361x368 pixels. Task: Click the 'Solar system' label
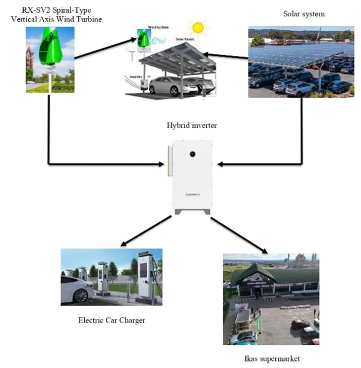(304, 14)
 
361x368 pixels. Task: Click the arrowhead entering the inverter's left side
(161, 163)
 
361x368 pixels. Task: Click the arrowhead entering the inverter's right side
(222, 163)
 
